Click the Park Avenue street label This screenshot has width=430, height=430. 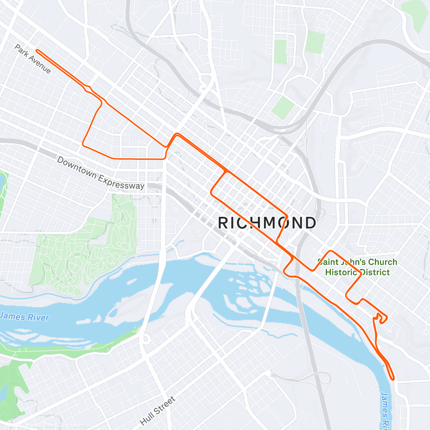(33, 59)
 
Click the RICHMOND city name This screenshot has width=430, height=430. (267, 223)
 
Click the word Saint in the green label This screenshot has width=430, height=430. (328, 262)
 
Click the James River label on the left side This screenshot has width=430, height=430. (24, 317)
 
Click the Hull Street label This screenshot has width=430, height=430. (158, 411)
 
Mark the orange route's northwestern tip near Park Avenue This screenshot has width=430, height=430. (37, 51)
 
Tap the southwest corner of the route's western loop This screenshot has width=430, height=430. (83, 145)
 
